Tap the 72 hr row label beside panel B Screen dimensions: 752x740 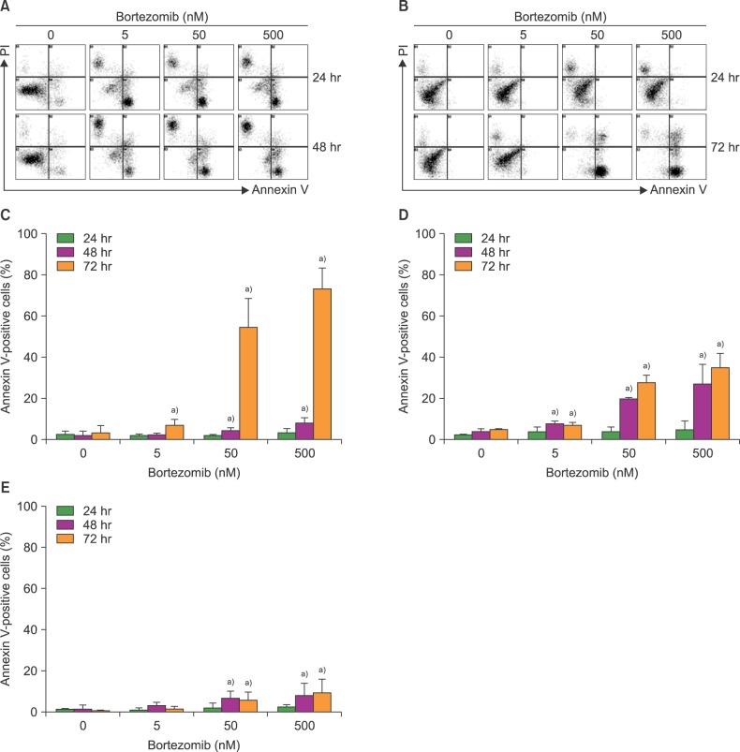point(724,147)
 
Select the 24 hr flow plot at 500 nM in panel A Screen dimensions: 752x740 point(273,77)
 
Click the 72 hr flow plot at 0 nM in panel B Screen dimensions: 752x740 point(447,145)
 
